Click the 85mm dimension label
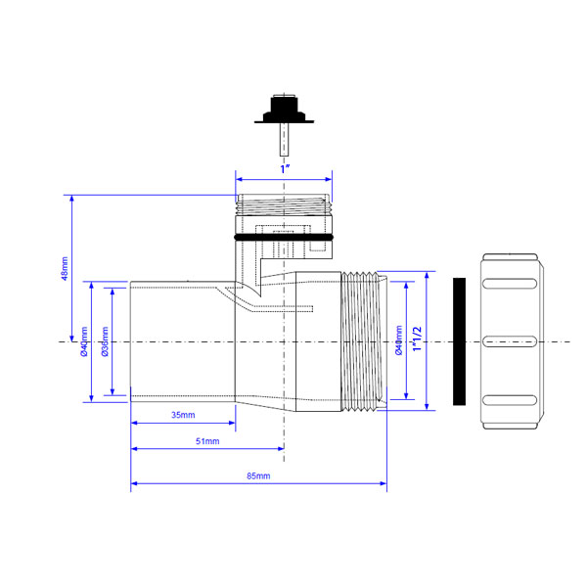[258, 475]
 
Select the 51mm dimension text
[207, 441]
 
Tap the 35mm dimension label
[183, 415]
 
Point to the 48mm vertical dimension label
[65, 269]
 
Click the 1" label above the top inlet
[286, 169]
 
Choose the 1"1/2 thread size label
[417, 339]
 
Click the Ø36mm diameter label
[105, 341]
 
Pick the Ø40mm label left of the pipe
[84, 341]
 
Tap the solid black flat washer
[460, 341]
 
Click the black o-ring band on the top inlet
[284, 238]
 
